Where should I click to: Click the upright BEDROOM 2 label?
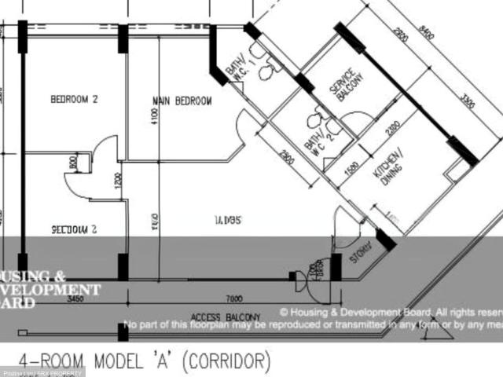click(74, 100)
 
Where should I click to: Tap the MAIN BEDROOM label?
click(182, 101)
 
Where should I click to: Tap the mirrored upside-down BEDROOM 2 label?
click(73, 231)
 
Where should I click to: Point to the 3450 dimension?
click(76, 300)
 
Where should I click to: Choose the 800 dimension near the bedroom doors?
click(73, 163)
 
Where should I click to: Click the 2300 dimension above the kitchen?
click(393, 128)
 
